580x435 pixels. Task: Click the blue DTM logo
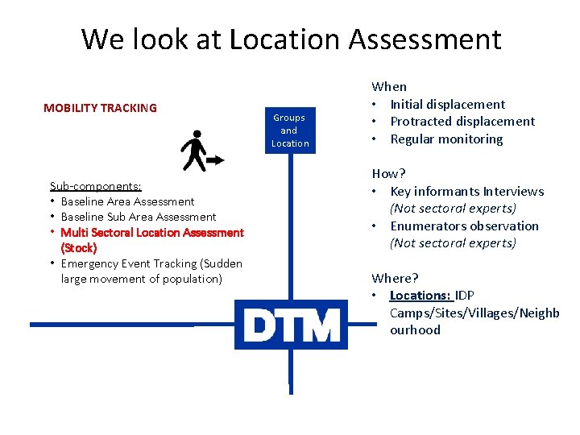(291, 325)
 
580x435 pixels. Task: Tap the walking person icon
(199, 151)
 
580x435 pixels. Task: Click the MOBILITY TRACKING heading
(100, 108)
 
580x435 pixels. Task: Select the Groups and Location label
(290, 130)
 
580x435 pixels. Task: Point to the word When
(389, 86)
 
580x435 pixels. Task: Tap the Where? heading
(395, 278)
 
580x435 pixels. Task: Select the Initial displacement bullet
(447, 104)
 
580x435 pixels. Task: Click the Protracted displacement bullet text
(462, 122)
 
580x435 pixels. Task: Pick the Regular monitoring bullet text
(446, 139)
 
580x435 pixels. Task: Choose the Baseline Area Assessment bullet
(127, 201)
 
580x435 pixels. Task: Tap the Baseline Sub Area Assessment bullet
(139, 217)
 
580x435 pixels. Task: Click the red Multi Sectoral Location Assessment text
(152, 232)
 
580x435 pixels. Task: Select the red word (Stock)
(79, 248)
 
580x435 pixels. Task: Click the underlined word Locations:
(420, 296)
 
